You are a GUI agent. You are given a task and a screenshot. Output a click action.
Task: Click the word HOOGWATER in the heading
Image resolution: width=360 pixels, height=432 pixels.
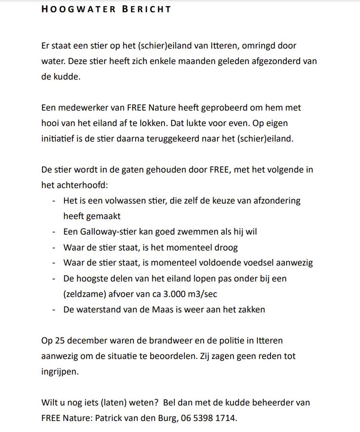(x=78, y=9)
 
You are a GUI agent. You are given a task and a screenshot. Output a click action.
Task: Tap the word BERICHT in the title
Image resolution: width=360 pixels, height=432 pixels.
(x=147, y=9)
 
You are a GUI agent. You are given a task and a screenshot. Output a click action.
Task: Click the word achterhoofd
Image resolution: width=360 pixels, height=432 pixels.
(x=82, y=185)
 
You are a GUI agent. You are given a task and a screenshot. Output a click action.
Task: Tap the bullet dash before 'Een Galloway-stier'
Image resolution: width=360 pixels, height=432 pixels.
(x=54, y=232)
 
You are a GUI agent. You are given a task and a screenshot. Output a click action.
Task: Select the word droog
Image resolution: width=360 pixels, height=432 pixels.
(x=226, y=247)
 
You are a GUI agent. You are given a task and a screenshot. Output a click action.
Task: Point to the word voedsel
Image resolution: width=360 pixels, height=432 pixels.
(x=258, y=263)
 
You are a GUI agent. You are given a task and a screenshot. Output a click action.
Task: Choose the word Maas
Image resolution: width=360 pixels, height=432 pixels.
(x=163, y=309)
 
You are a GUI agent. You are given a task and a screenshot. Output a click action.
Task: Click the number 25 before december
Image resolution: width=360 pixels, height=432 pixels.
(x=60, y=341)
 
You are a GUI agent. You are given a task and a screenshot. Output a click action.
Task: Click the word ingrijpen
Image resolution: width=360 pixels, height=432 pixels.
(x=60, y=372)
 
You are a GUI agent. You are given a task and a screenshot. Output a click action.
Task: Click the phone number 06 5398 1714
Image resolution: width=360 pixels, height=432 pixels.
(x=208, y=418)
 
